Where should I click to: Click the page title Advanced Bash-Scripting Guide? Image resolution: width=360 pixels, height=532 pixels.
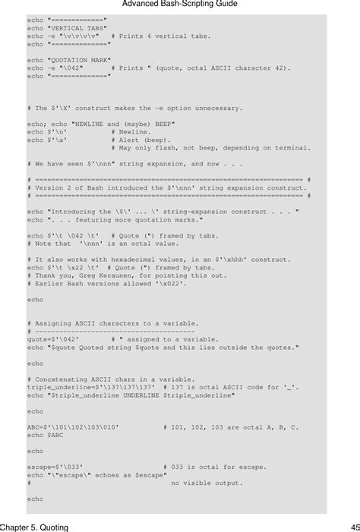point(179,5)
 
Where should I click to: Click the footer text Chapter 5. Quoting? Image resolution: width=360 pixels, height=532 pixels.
point(34,526)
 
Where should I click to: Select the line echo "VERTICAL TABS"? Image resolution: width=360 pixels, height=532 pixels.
point(67,28)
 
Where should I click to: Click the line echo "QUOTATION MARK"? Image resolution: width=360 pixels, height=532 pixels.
point(69,59)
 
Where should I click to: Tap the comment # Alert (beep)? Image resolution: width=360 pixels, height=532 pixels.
point(142,140)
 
